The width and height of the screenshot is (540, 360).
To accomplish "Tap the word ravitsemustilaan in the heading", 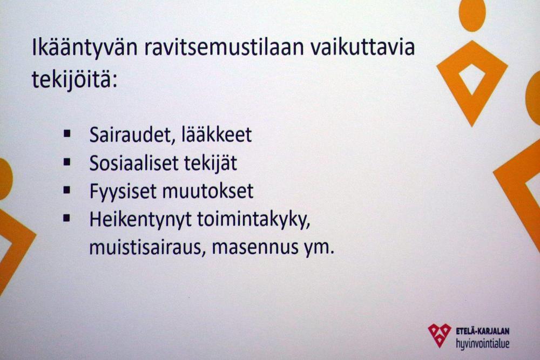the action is pos(224,47).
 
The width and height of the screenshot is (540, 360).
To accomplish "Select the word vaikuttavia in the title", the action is pos(363,47).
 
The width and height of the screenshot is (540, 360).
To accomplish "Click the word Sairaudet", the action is pos(130,134).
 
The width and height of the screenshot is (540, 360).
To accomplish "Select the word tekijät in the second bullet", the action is pos(211,163).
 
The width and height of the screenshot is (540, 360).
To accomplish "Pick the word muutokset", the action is pos(208,192).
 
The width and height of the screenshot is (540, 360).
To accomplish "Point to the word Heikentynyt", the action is pos(140,220).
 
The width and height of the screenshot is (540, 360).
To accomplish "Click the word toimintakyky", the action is pos(254,220).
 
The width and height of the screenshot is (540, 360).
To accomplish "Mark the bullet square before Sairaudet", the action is pos(67,133).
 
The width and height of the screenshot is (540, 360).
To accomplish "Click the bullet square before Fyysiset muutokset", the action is pos(67,190).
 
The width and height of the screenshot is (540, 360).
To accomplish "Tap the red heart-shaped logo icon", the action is pos(440,335).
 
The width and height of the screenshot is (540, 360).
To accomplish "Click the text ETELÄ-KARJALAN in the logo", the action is pos(482,331).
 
